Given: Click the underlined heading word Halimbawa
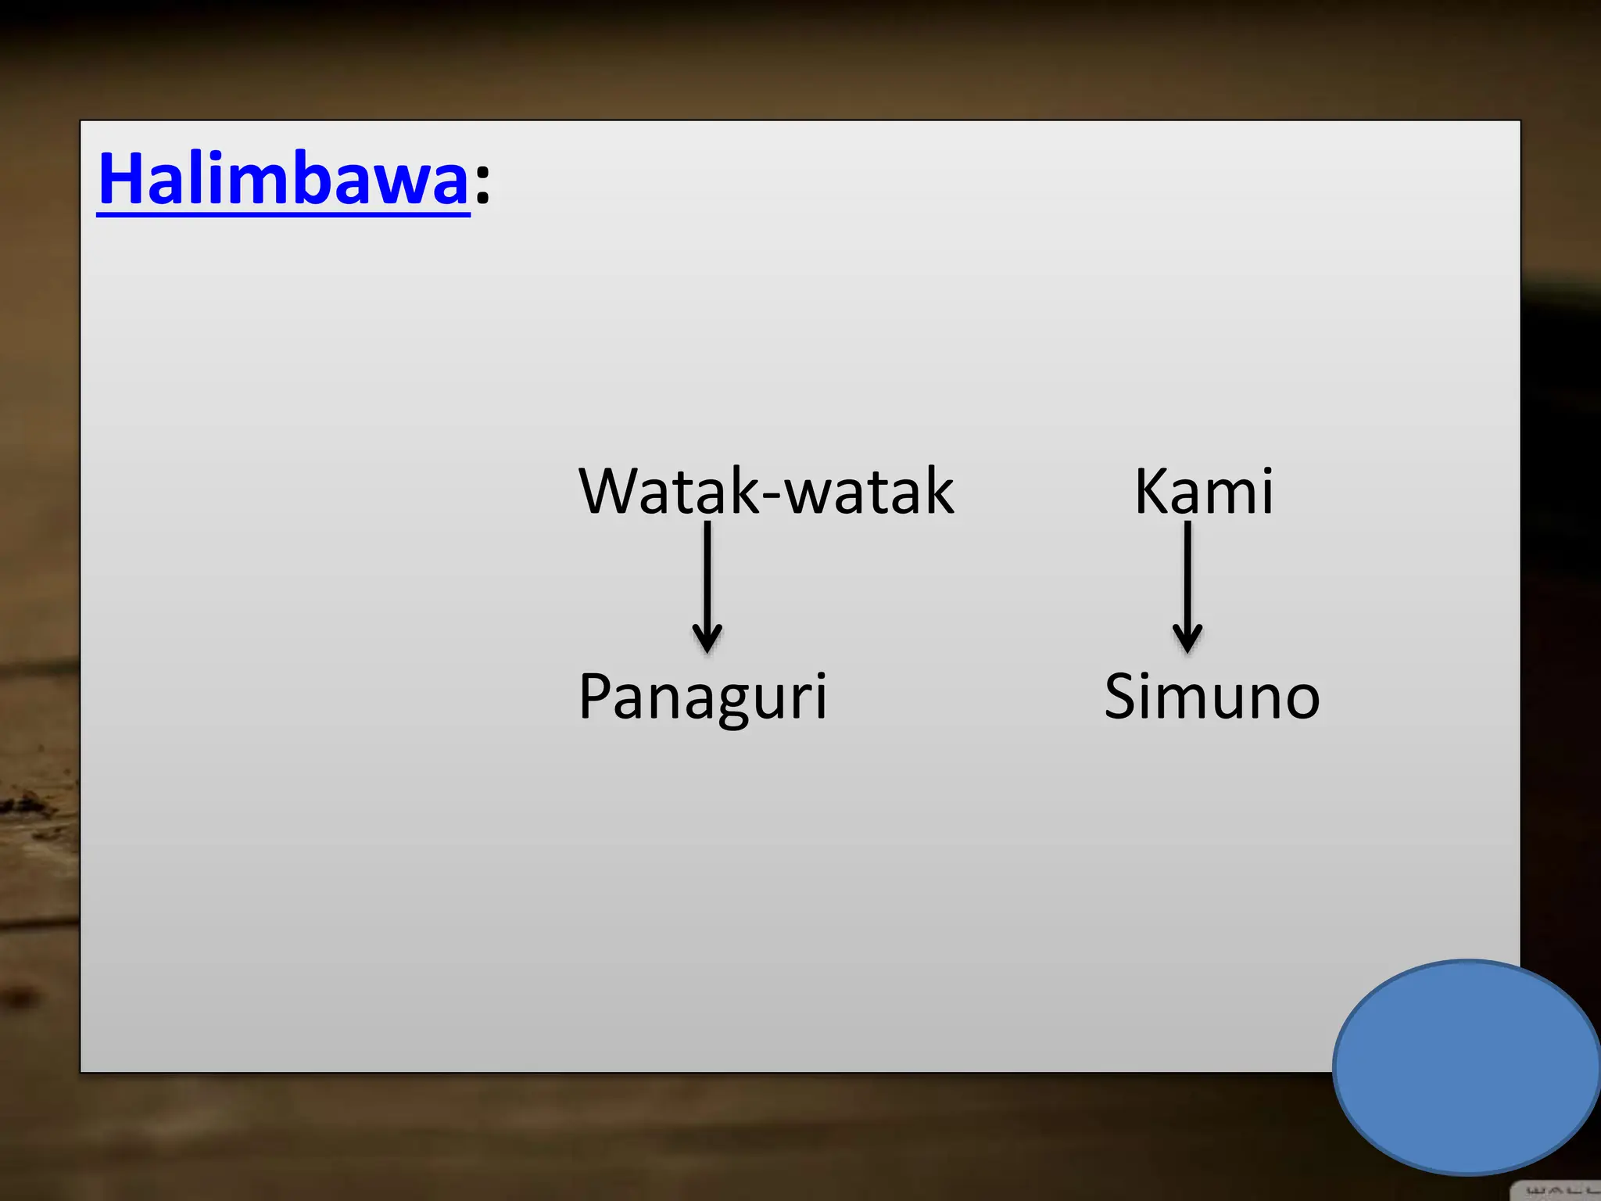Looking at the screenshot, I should (x=283, y=180).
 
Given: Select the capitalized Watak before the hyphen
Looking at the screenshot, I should (x=668, y=491).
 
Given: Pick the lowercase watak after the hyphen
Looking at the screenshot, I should (x=869, y=491).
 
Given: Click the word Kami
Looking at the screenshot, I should (x=1204, y=491).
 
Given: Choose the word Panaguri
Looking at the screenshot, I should (x=702, y=696).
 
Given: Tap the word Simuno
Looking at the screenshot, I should (x=1212, y=696).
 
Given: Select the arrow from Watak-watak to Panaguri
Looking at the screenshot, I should (x=707, y=586).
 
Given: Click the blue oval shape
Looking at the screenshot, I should (x=1467, y=1067).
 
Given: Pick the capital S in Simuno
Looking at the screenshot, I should (x=1122, y=696).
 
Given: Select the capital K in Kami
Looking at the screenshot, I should (x=1152, y=491).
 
